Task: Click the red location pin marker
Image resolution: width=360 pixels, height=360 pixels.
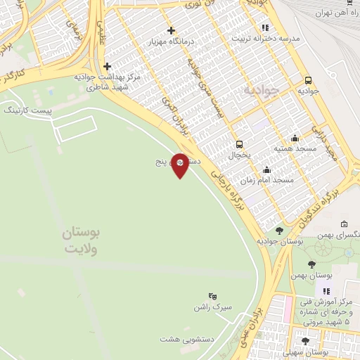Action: [180, 165]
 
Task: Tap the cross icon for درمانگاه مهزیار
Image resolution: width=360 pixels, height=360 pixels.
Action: [172, 30]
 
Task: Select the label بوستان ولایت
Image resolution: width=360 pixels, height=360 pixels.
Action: [81, 240]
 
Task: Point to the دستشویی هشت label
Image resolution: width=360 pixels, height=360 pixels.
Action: [180, 339]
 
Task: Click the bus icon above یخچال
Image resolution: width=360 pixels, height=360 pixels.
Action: [240, 142]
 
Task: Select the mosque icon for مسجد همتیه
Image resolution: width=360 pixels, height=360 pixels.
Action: [295, 138]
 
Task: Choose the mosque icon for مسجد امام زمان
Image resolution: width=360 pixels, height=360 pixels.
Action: [266, 169]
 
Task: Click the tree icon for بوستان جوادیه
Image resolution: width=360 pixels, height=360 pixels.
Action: [279, 231]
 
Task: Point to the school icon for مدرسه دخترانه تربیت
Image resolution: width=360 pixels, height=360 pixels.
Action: [265, 27]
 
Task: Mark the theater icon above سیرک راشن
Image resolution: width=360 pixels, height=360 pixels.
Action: [214, 297]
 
